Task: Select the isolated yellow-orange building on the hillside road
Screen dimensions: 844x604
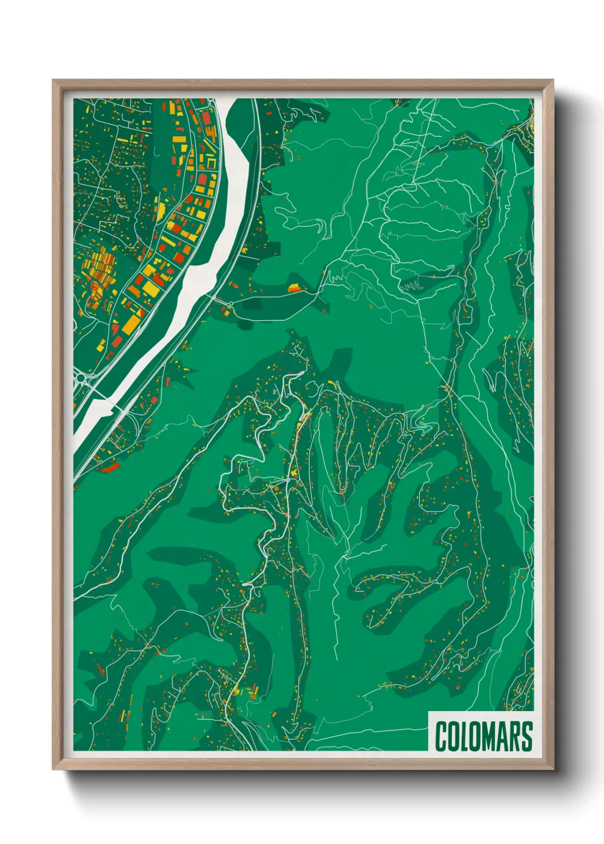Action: tap(295, 288)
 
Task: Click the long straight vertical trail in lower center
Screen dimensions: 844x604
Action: tap(336, 616)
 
